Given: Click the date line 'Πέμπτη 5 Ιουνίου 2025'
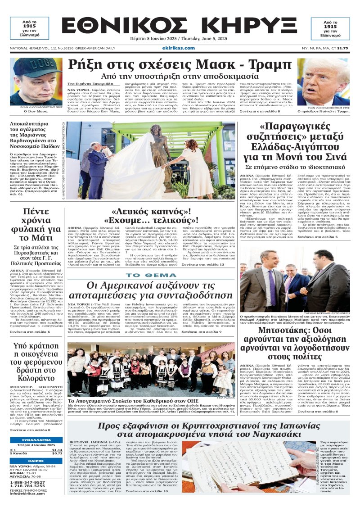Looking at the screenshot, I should (x=154, y=40).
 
